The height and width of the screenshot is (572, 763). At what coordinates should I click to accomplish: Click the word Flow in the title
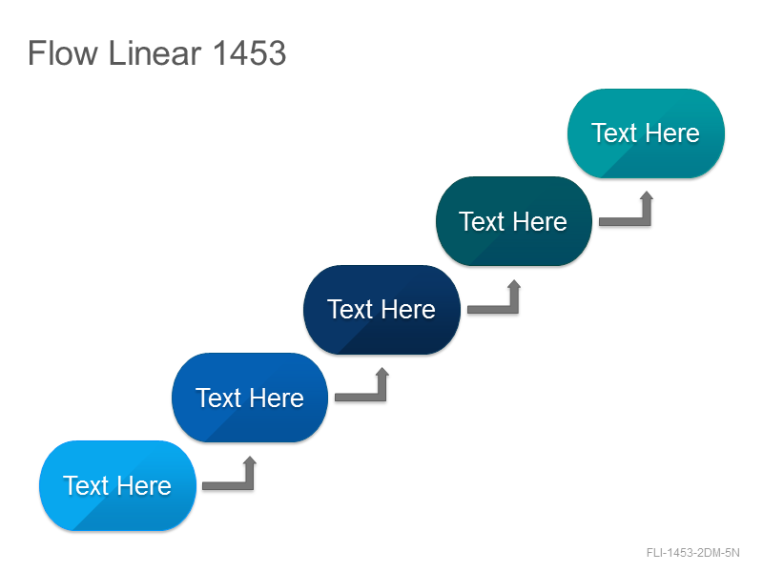pyautogui.click(x=63, y=52)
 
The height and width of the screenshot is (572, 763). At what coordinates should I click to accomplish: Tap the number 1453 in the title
pyautogui.click(x=249, y=52)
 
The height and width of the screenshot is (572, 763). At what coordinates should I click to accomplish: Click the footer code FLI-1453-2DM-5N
pyautogui.click(x=693, y=553)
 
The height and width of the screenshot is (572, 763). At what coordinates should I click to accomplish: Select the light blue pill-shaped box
pyautogui.click(x=117, y=485)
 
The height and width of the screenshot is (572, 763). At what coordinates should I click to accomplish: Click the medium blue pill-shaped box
pyautogui.click(x=250, y=398)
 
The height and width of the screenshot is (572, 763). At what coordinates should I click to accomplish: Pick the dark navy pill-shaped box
pyautogui.click(x=381, y=309)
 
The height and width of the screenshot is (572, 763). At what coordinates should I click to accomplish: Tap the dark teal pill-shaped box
pyautogui.click(x=514, y=221)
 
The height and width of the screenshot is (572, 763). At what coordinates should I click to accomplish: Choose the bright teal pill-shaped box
pyautogui.click(x=646, y=133)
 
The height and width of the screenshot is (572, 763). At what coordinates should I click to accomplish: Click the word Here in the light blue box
pyautogui.click(x=144, y=486)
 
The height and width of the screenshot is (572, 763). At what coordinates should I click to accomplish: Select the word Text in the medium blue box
pyautogui.click(x=218, y=398)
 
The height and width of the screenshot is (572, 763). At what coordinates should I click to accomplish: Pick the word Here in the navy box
pyautogui.click(x=408, y=310)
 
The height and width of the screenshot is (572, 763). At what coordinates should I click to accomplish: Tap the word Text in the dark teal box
pyautogui.click(x=483, y=222)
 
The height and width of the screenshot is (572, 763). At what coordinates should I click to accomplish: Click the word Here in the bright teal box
pyautogui.click(x=672, y=133)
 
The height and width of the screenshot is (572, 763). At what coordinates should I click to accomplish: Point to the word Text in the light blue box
pyautogui.click(x=86, y=486)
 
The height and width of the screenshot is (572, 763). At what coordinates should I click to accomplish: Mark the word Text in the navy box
pyautogui.click(x=350, y=310)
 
